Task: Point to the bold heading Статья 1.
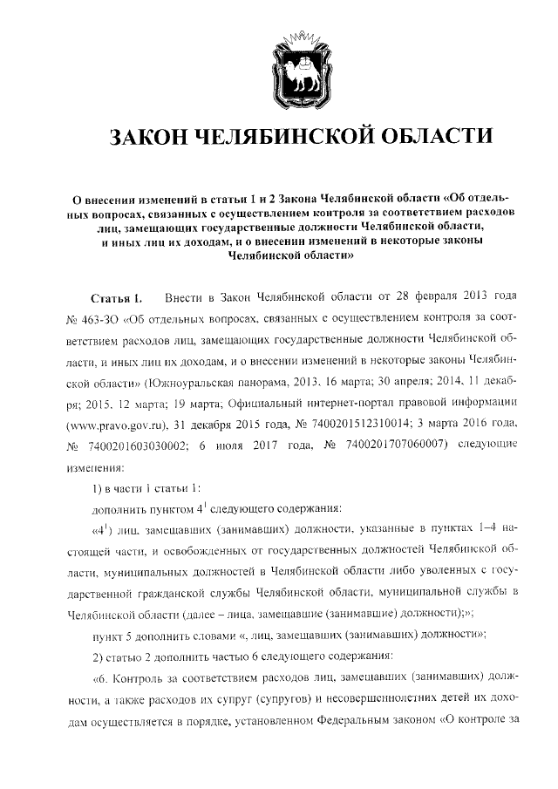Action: click(122, 301)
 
